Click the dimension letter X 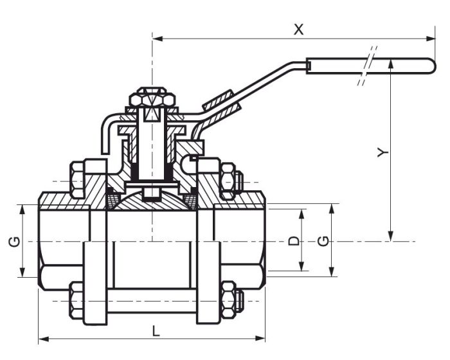point(298,29)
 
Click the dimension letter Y point(382,152)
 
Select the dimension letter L point(156,330)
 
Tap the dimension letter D point(293,240)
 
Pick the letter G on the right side point(323,241)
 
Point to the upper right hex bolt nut point(229,180)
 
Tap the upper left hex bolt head point(75,179)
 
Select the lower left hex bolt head point(75,300)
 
